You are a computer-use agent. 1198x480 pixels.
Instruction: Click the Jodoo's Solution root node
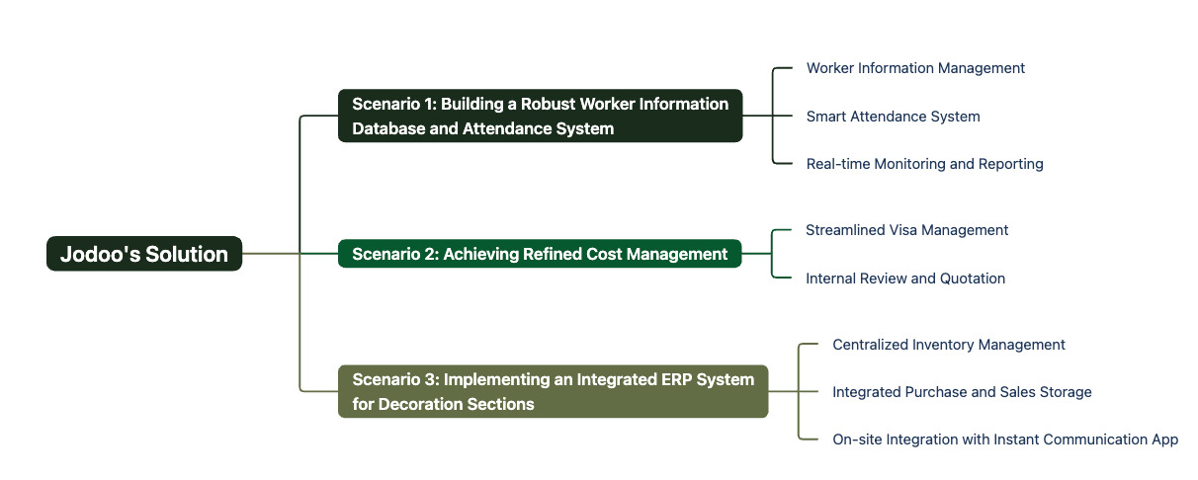(x=144, y=254)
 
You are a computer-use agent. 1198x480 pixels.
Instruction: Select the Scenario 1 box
(x=540, y=116)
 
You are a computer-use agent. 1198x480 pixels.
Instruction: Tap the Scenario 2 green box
(x=540, y=254)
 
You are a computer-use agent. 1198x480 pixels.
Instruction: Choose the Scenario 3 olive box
(x=553, y=391)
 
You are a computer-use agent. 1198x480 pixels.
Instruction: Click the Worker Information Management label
(x=915, y=68)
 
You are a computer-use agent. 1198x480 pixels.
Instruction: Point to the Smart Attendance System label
(x=893, y=116)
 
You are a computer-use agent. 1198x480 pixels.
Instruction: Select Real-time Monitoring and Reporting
(x=924, y=164)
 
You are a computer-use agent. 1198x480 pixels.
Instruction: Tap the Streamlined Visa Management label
(x=906, y=230)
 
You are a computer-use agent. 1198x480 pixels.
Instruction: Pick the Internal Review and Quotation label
(x=904, y=278)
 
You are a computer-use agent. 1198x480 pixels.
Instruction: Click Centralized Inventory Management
(x=948, y=345)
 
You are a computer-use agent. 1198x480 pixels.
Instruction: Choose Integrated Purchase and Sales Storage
(x=962, y=392)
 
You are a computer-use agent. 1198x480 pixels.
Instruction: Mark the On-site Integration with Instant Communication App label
(x=1005, y=440)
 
